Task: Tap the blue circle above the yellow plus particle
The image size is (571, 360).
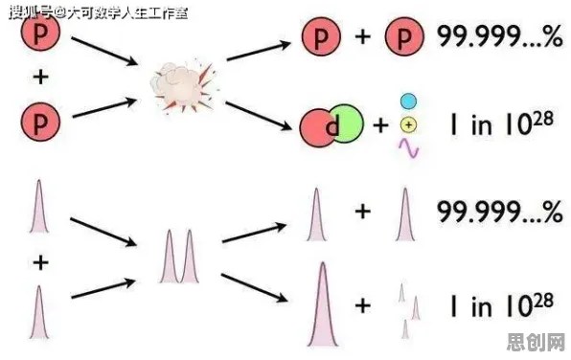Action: (408, 101)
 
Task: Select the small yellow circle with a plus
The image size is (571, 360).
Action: (408, 124)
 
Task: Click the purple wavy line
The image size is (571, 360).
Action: (408, 148)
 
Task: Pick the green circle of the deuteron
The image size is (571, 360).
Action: (348, 124)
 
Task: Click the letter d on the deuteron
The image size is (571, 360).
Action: (332, 126)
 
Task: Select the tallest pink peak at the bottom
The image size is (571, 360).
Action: (323, 304)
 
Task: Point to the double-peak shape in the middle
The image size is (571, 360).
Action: (179, 257)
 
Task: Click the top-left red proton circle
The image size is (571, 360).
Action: (40, 34)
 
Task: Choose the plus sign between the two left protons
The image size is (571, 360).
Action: (41, 78)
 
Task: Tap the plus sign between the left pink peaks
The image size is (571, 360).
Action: (41, 262)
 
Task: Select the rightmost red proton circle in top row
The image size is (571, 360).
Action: (404, 36)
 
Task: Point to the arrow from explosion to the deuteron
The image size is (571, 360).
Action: (258, 116)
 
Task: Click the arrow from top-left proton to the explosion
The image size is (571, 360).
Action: (104, 51)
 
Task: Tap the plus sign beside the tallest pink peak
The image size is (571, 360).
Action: (363, 305)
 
